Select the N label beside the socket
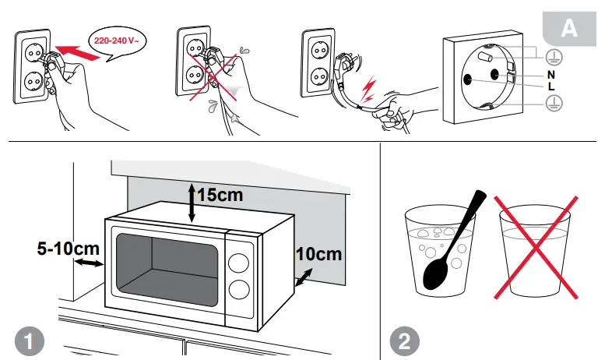(x=550, y=74)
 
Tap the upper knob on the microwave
(x=241, y=262)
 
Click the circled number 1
(x=29, y=341)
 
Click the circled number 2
(x=405, y=341)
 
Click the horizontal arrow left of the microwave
(x=90, y=265)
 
